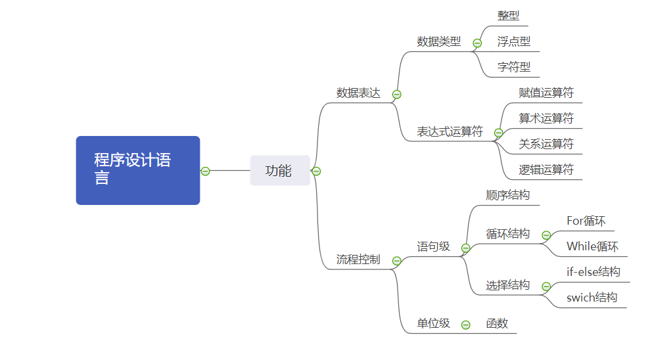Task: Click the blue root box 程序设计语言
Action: pyautogui.click(x=137, y=170)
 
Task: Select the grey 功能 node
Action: pyautogui.click(x=279, y=171)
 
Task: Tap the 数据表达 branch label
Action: pyautogui.click(x=358, y=93)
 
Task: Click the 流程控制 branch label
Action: pyautogui.click(x=358, y=259)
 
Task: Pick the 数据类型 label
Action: pyautogui.click(x=439, y=41)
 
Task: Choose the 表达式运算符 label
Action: pyautogui.click(x=450, y=131)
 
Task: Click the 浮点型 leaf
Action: pyautogui.click(x=514, y=41)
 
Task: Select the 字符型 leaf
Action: pyautogui.click(x=514, y=67)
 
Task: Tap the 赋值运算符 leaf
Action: pyautogui.click(x=546, y=93)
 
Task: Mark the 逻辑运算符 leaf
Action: pyautogui.click(x=546, y=169)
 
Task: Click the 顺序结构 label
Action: pyautogui.click(x=508, y=195)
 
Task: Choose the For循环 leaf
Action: pyautogui.click(x=586, y=221)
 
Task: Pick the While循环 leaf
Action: pyautogui.click(x=593, y=246)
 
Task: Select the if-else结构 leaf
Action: pyautogui.click(x=593, y=272)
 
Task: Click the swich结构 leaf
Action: pyautogui.click(x=592, y=298)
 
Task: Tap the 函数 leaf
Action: pyautogui.click(x=498, y=323)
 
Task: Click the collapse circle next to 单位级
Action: pyautogui.click(x=466, y=325)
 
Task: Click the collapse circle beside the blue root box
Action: pyautogui.click(x=205, y=171)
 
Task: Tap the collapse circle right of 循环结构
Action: pyautogui.click(x=546, y=235)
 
